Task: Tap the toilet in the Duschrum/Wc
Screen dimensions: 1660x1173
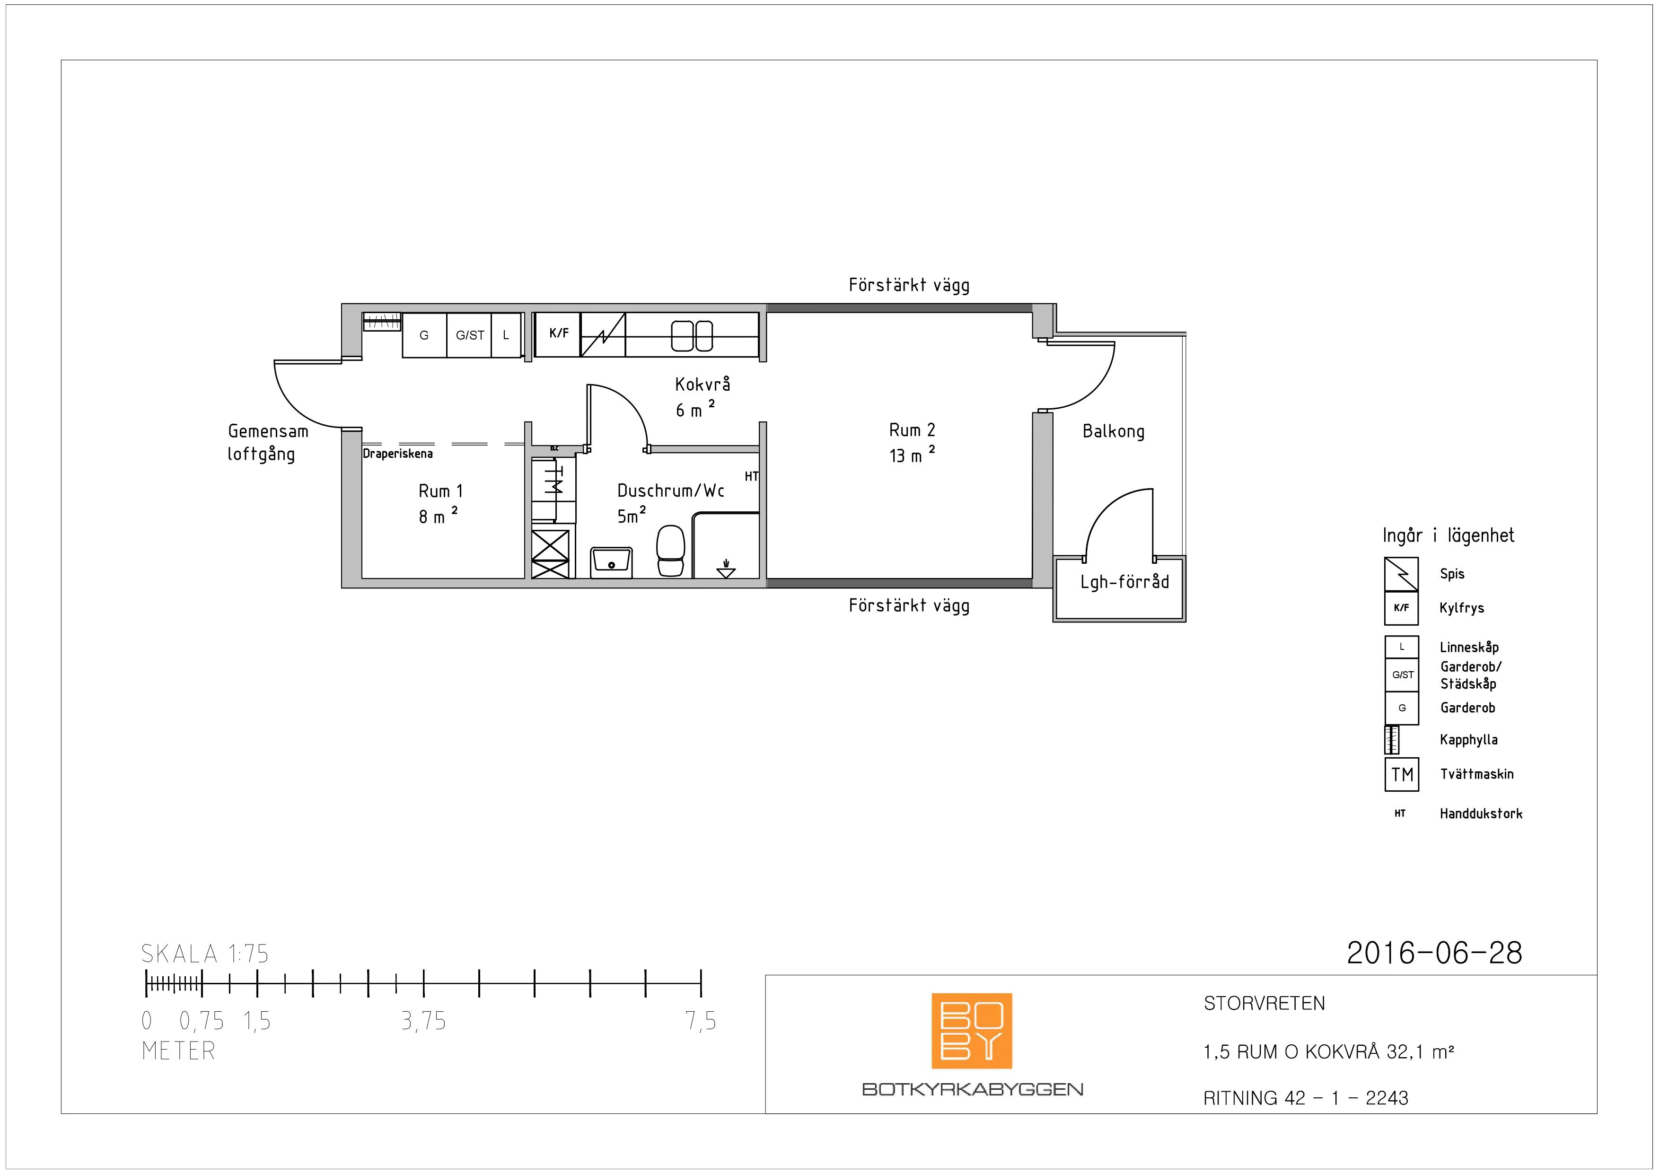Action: tap(671, 551)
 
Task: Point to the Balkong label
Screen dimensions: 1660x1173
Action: tap(1114, 431)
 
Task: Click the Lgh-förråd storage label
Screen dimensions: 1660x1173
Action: tap(1124, 582)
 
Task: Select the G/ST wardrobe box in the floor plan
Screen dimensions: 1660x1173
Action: tap(469, 334)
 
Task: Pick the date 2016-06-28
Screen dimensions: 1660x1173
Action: tap(1434, 953)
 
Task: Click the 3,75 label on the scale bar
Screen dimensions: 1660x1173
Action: tap(424, 1021)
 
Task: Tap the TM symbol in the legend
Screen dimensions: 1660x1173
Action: tap(1402, 775)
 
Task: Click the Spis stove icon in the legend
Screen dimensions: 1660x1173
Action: tap(1401, 574)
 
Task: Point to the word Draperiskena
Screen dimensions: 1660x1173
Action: tap(398, 454)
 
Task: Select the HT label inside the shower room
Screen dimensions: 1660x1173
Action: tap(751, 476)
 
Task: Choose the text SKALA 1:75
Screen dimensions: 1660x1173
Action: tap(205, 954)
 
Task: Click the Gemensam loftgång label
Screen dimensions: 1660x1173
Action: tap(267, 442)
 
